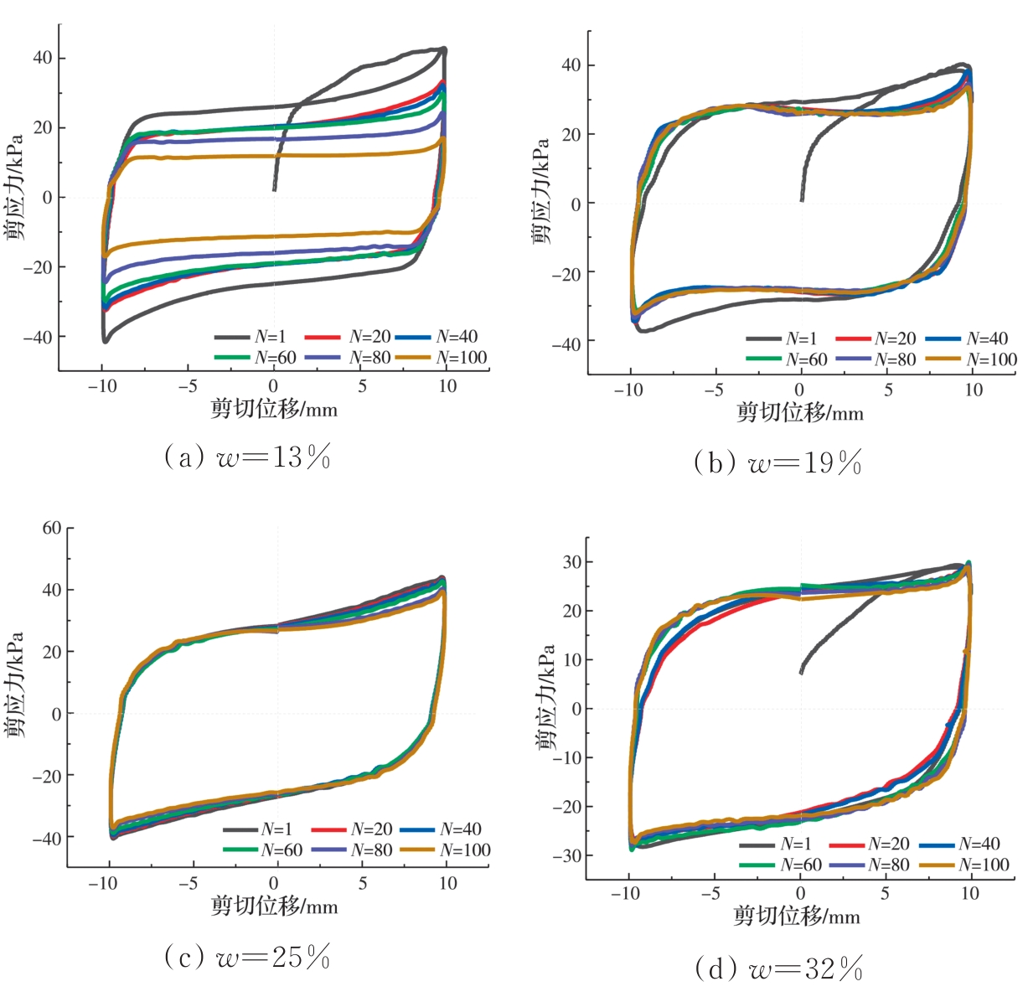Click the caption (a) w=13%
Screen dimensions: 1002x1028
click(x=247, y=458)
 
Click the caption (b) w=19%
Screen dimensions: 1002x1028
click(x=777, y=462)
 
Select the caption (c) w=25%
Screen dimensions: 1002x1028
click(x=247, y=957)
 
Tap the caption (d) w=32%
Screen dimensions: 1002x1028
click(x=778, y=969)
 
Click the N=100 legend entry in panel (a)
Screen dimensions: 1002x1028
click(x=442, y=358)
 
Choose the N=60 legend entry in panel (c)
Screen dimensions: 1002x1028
click(x=263, y=850)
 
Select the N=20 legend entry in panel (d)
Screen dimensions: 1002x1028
click(x=869, y=844)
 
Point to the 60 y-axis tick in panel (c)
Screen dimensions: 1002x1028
click(x=52, y=528)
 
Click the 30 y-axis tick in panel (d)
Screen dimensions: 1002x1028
click(x=571, y=562)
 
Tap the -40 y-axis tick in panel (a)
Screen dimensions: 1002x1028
click(x=42, y=338)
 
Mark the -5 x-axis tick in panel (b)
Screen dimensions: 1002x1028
click(x=713, y=390)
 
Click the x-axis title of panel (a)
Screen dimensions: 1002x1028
click(x=274, y=409)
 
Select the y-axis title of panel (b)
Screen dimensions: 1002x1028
click(x=541, y=191)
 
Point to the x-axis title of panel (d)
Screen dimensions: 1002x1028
click(x=797, y=916)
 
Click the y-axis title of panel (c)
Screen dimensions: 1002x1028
click(x=14, y=684)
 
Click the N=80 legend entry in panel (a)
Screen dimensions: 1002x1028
click(x=350, y=358)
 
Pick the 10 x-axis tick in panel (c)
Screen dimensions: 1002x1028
click(x=448, y=884)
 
